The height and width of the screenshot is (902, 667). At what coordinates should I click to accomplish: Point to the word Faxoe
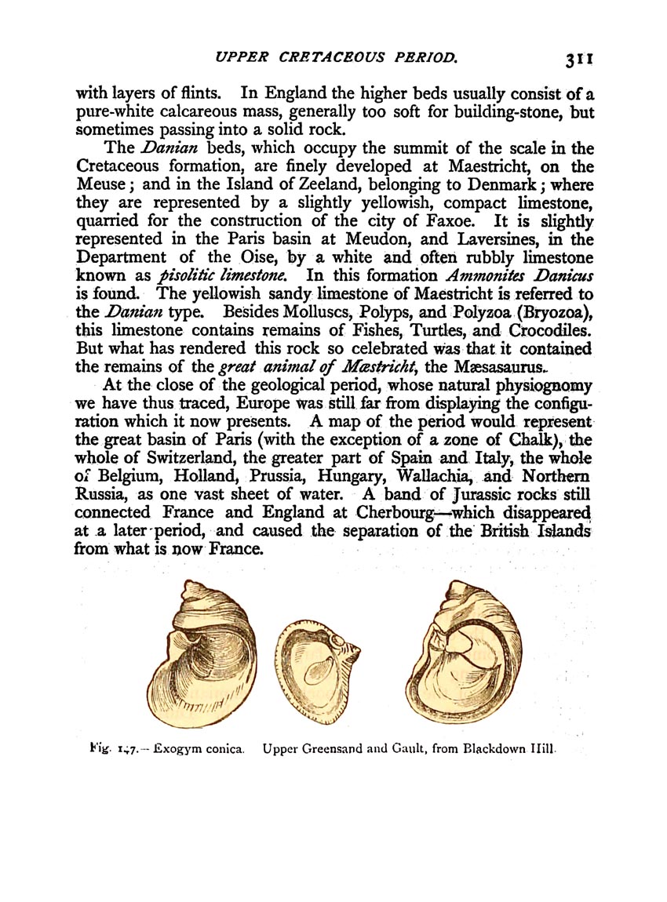(471, 221)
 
